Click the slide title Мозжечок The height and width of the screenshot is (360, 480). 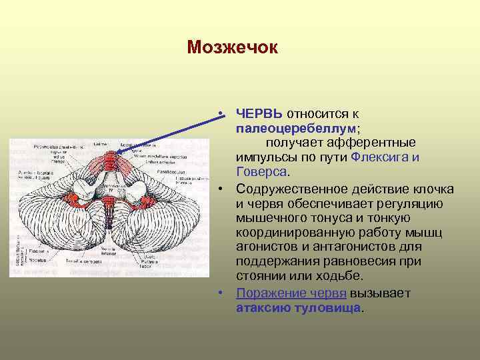coord(231,47)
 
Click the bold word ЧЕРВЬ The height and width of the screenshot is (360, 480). coord(259,114)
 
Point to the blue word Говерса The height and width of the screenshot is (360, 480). coord(258,171)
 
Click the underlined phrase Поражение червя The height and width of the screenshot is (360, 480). coord(291,293)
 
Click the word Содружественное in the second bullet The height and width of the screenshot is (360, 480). coord(290,189)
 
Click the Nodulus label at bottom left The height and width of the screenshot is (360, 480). coord(32,260)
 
